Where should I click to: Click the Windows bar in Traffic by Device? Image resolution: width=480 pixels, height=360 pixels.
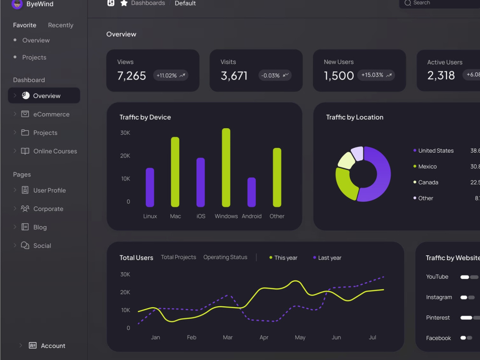pyautogui.click(x=226, y=168)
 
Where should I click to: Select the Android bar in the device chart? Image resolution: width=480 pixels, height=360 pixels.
pyautogui.click(x=252, y=192)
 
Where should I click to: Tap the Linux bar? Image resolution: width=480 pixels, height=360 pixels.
pyautogui.click(x=150, y=187)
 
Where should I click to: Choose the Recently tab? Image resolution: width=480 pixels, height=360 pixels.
pyautogui.click(x=60, y=25)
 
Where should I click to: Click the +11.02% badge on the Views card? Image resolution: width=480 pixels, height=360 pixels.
pyautogui.click(x=170, y=75)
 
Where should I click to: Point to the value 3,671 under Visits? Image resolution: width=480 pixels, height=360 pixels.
pyautogui.click(x=234, y=76)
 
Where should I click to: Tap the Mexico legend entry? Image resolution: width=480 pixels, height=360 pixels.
pyautogui.click(x=425, y=167)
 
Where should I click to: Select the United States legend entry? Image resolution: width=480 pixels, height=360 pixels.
pyautogui.click(x=433, y=151)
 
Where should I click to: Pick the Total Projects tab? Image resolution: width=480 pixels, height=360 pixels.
pyautogui.click(x=179, y=257)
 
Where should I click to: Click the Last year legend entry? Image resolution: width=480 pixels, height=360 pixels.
pyautogui.click(x=327, y=258)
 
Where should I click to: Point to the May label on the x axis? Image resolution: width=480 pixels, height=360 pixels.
pyautogui.click(x=300, y=337)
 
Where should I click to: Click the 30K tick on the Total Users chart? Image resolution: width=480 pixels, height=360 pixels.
pyautogui.click(x=125, y=274)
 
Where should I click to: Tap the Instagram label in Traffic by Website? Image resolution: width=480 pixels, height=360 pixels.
pyautogui.click(x=439, y=297)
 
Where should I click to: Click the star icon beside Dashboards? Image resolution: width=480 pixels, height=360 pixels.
pyautogui.click(x=124, y=3)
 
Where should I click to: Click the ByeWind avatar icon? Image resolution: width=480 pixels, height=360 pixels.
pyautogui.click(x=17, y=4)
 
